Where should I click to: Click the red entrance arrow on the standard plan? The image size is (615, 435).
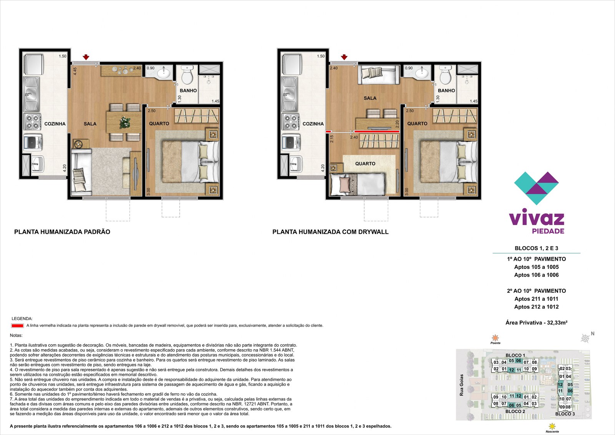86,57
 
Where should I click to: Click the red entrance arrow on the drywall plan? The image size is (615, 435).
344,57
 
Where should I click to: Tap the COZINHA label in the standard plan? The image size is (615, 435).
55,124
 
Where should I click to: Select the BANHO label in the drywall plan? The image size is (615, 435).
446,90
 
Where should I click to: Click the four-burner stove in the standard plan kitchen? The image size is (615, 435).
32,122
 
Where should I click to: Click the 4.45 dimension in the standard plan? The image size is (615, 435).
75,71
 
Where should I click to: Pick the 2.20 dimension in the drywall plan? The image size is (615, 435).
397,124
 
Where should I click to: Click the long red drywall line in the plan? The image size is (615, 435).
377,132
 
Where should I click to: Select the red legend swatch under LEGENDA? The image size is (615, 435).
17,326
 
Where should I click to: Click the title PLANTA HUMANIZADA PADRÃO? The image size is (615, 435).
62,232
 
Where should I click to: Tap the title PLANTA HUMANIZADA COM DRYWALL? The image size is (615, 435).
330,232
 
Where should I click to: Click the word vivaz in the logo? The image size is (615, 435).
537,219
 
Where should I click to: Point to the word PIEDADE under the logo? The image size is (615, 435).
548,231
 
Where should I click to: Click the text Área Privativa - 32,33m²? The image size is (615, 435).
537,323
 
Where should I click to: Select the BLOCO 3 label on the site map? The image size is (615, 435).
565,414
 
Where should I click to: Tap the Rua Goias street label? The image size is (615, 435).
462,385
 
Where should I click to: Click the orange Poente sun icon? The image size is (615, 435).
495,338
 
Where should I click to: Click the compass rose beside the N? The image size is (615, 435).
585,338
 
